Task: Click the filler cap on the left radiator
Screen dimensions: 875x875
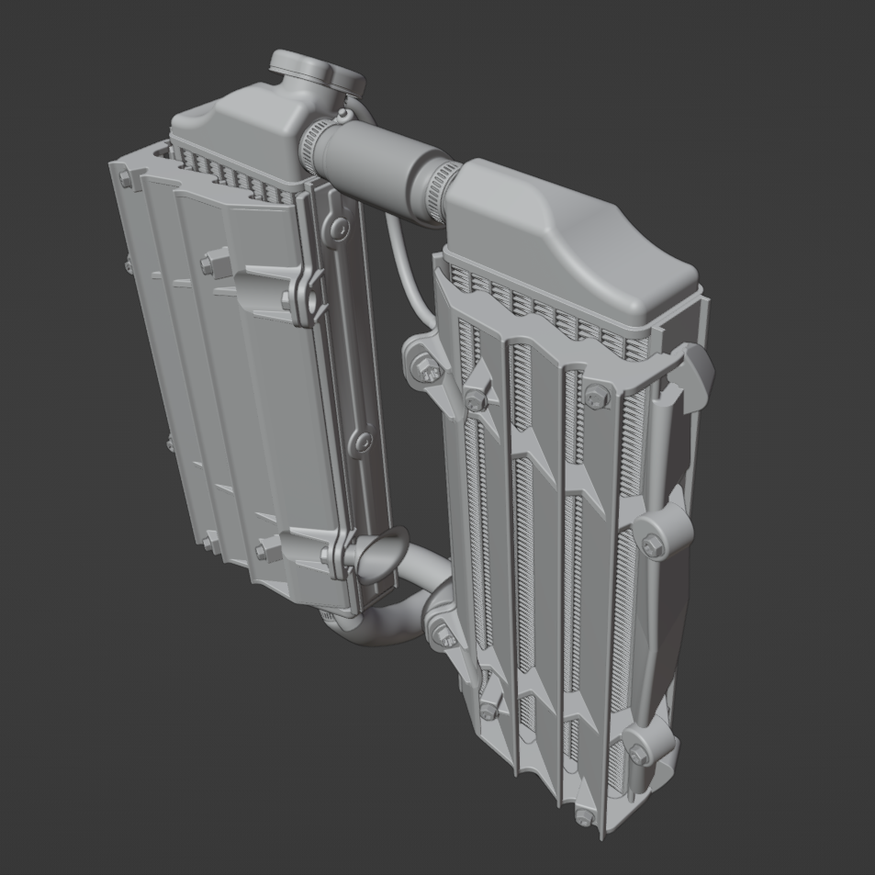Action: coord(312,72)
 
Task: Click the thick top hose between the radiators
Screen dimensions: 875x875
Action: coord(376,162)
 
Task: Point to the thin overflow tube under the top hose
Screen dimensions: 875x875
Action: coord(404,266)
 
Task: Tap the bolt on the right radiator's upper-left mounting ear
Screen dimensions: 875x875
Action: coord(423,368)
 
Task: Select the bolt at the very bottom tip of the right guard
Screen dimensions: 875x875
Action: coord(582,816)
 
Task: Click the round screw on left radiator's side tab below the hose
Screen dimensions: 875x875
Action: coord(339,227)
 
